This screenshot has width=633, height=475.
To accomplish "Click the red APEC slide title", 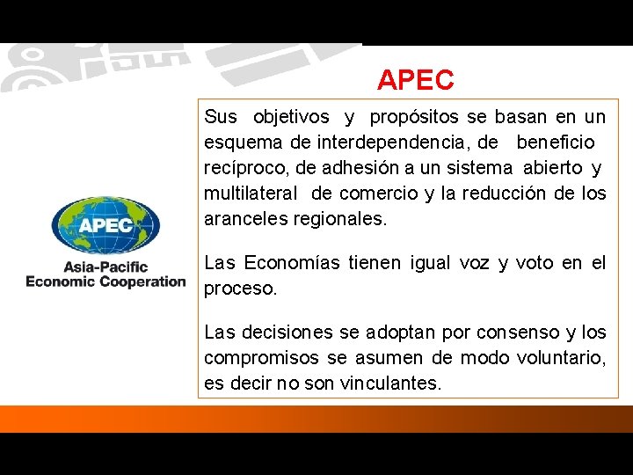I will click(416, 81).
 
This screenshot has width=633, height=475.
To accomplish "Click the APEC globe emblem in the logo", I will click(105, 225).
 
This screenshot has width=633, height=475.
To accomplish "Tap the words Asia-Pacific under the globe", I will click(105, 267).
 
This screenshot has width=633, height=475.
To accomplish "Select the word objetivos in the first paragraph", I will click(291, 117).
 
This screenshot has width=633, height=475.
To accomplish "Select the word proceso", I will click(240, 288).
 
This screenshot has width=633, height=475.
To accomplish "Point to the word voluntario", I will click(559, 358).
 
